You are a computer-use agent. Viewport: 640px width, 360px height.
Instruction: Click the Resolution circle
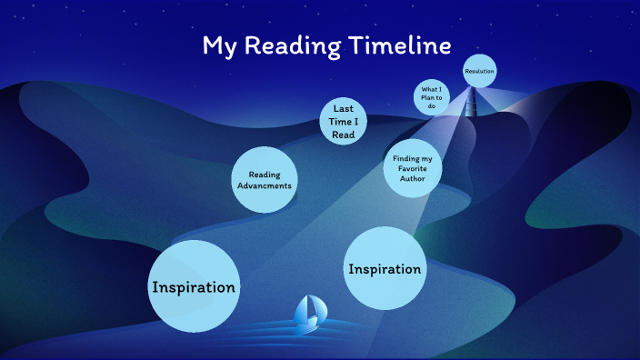coord(479,70)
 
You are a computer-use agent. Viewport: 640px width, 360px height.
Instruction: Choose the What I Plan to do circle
coord(431,97)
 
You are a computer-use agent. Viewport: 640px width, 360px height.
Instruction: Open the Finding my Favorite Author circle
coord(412,169)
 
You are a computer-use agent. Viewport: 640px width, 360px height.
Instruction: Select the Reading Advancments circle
coord(264,179)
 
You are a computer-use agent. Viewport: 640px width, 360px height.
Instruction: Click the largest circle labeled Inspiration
coord(194,286)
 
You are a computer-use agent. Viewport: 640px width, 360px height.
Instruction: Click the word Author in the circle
coord(412,179)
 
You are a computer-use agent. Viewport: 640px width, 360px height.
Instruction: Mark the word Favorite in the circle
coord(412,169)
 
